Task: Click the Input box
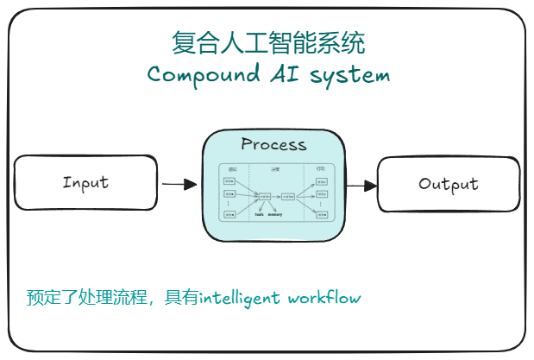click(x=85, y=182)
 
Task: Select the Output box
click(x=449, y=184)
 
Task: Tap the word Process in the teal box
click(x=273, y=144)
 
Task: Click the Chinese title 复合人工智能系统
click(x=268, y=43)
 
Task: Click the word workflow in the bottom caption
click(x=324, y=298)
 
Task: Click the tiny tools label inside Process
click(x=259, y=214)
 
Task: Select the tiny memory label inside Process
click(x=275, y=214)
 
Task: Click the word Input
click(x=85, y=182)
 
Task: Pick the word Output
click(x=449, y=184)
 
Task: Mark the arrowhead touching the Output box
click(x=372, y=185)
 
